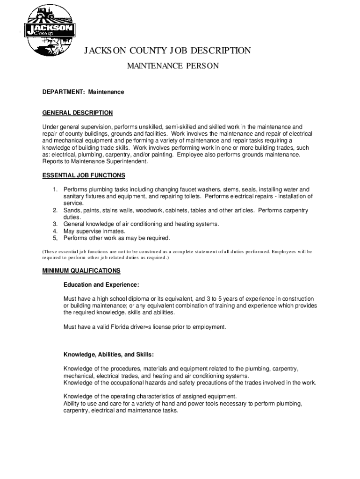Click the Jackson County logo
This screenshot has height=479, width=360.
pyautogui.click(x=50, y=31)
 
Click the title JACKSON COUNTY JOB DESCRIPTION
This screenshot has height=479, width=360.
pyautogui.click(x=167, y=51)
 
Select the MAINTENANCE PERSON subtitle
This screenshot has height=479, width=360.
pyautogui.click(x=173, y=66)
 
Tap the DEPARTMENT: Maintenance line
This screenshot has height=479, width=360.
pyautogui.click(x=83, y=92)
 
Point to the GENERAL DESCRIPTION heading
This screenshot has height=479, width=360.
pyautogui.click(x=78, y=113)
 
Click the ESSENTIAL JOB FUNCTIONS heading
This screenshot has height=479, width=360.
pyautogui.click(x=84, y=175)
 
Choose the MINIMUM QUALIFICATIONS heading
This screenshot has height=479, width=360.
pyautogui.click(x=81, y=271)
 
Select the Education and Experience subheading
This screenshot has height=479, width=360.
pyautogui.click(x=101, y=284)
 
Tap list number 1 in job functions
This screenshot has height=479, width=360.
pyautogui.click(x=55, y=189)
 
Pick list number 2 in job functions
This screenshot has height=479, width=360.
pyautogui.click(x=55, y=210)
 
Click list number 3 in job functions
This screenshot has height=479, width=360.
pyautogui.click(x=55, y=224)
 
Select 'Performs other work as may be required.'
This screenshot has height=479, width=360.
pyautogui.click(x=117, y=238)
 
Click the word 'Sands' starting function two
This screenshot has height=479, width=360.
pyautogui.click(x=72, y=210)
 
